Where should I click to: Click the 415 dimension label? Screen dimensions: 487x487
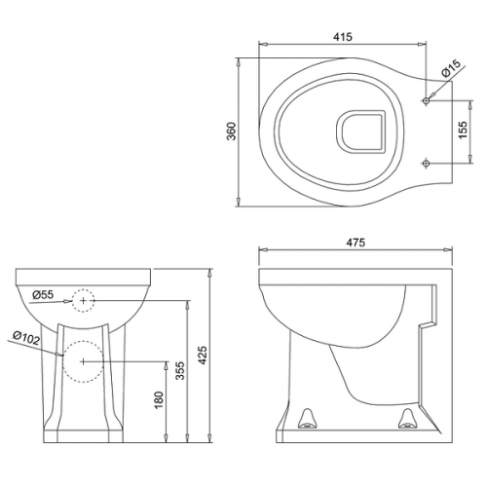click(x=343, y=37)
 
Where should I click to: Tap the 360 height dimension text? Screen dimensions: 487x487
click(x=232, y=131)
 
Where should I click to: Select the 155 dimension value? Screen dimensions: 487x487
click(x=464, y=130)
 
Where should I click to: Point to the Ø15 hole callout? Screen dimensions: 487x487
click(x=451, y=68)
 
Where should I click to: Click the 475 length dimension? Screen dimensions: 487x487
click(x=356, y=243)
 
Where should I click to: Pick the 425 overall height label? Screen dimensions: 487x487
click(x=203, y=356)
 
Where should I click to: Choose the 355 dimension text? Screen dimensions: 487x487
click(x=180, y=370)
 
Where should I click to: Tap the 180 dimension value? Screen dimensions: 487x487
click(x=159, y=400)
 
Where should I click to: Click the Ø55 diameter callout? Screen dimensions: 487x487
click(x=43, y=295)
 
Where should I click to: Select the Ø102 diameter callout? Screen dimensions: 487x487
click(x=26, y=338)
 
